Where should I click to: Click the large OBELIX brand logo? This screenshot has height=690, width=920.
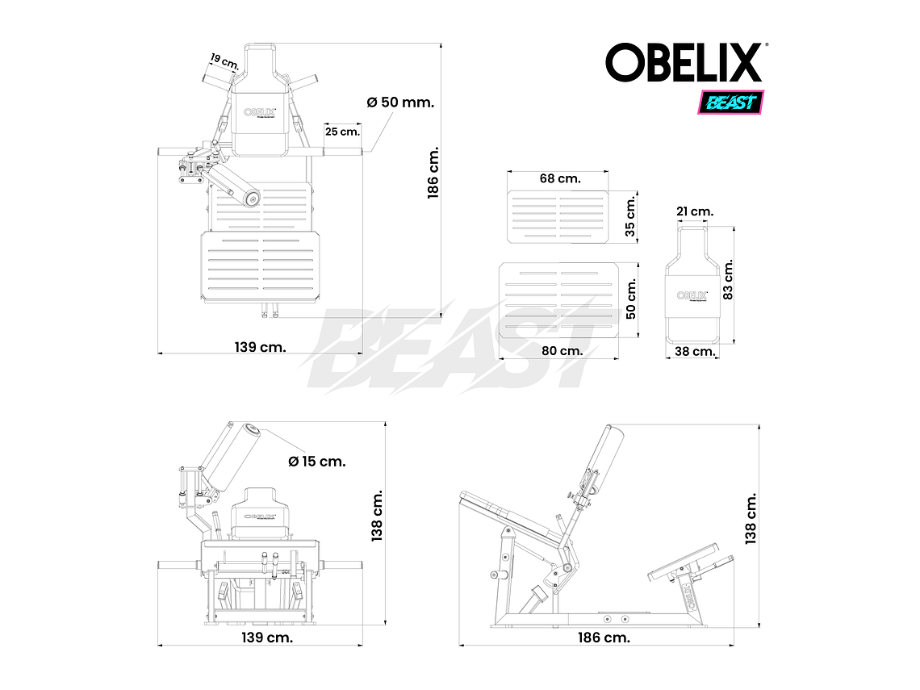(684, 63)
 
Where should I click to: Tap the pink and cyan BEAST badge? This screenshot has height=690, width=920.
(730, 102)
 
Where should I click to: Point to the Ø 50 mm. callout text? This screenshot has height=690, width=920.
(400, 102)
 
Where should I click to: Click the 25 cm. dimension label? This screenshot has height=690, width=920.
(342, 131)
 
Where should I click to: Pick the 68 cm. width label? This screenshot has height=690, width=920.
(559, 178)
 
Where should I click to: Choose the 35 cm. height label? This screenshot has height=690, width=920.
(631, 216)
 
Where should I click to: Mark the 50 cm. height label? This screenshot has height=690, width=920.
(631, 299)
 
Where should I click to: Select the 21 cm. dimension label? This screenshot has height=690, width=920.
(694, 211)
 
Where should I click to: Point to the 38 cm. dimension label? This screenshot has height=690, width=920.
(694, 351)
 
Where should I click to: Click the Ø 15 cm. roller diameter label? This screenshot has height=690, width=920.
(317, 462)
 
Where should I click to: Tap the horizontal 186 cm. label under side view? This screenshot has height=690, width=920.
(604, 638)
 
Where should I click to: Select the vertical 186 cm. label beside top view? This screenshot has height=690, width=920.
(433, 174)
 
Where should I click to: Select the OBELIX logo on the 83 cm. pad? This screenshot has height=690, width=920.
(692, 296)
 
